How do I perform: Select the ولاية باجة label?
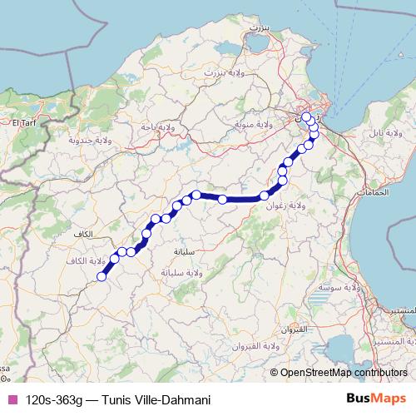160,126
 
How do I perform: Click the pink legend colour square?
11,400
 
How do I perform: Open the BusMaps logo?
378,399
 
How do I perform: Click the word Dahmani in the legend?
187,400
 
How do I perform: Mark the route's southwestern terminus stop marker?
102,276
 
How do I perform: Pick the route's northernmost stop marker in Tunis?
306,116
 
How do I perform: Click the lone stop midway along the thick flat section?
222,199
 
